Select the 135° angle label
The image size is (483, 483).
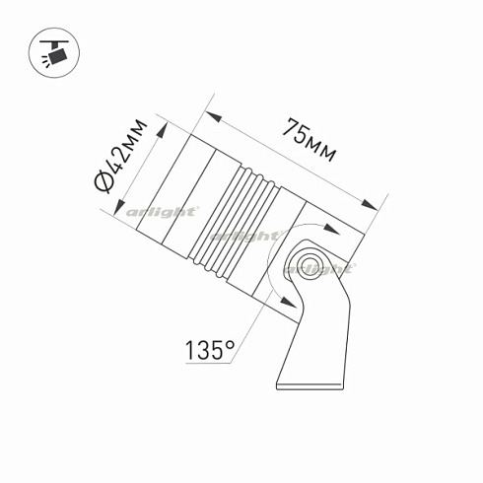point(208,349)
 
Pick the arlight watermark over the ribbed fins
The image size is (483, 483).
point(244,236)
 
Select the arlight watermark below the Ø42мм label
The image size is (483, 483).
point(163,211)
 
